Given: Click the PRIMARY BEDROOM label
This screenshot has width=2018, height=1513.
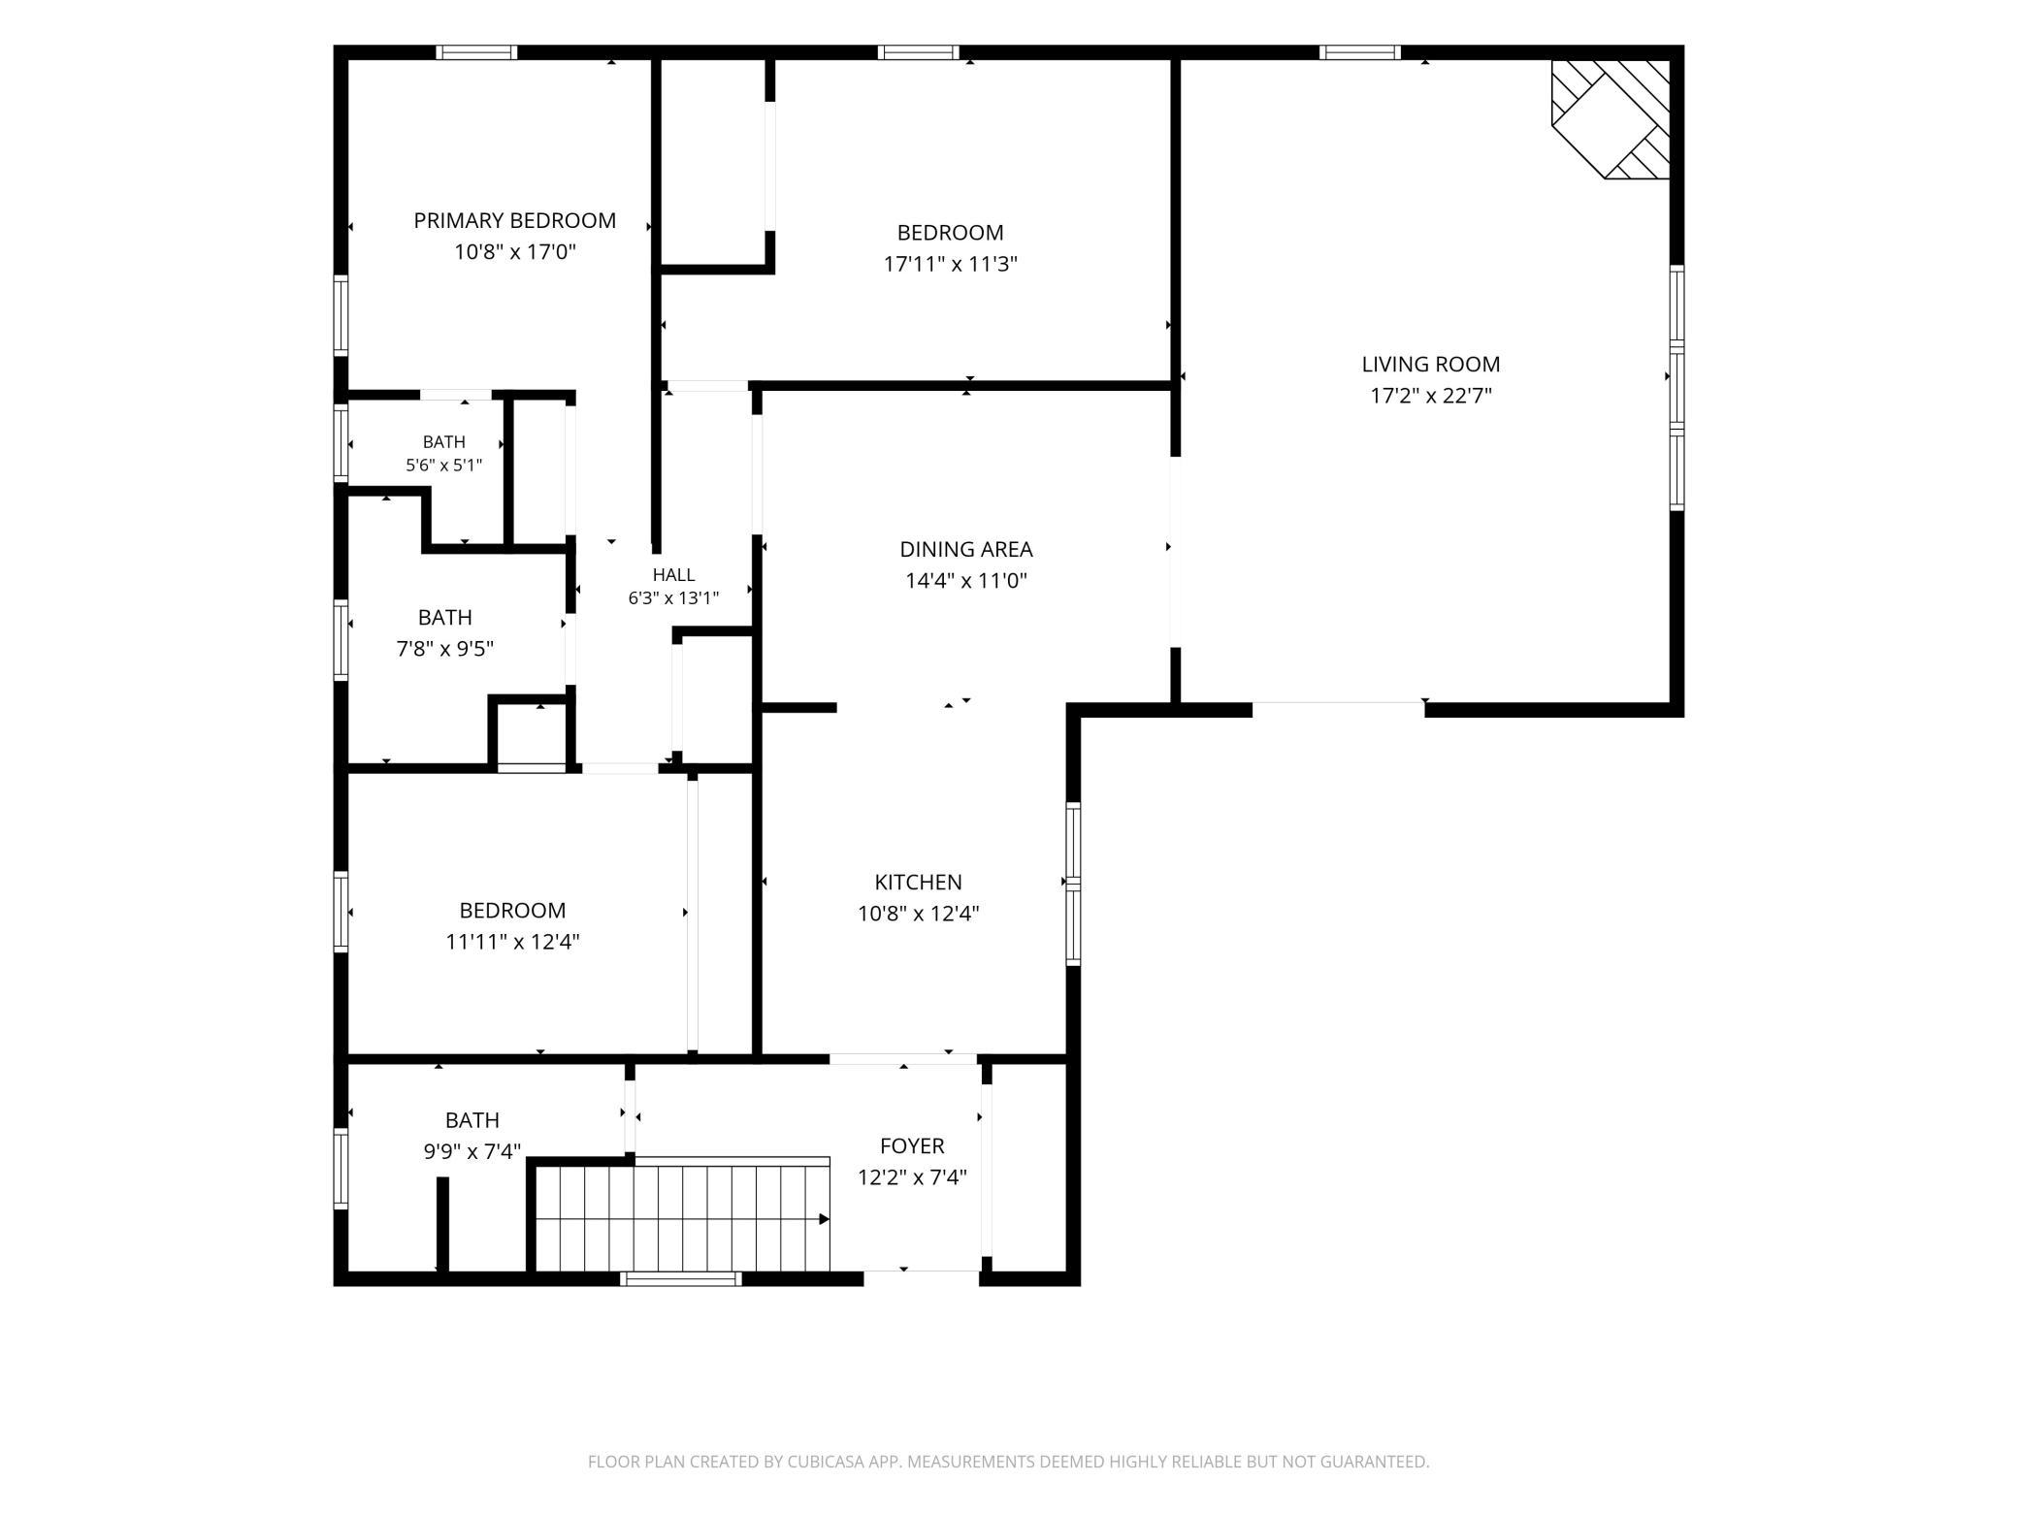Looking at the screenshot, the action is click(514, 220).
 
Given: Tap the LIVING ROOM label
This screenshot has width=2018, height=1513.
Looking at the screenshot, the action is click(1430, 364).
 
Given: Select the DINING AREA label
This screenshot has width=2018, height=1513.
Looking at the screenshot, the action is click(966, 549).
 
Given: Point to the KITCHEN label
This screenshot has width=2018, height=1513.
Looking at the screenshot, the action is click(918, 882).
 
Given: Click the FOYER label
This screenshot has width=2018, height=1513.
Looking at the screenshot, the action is click(912, 1145).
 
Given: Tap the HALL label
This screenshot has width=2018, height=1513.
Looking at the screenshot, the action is click(673, 574).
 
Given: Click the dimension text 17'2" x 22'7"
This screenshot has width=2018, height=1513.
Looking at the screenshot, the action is click(1430, 395).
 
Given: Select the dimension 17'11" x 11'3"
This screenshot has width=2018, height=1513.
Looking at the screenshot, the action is click(950, 264).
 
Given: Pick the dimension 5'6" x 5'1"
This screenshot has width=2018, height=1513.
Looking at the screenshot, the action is click(443, 465).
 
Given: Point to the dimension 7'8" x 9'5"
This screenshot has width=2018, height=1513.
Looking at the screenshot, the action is click(444, 648).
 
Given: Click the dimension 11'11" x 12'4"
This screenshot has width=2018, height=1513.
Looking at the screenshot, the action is click(512, 941).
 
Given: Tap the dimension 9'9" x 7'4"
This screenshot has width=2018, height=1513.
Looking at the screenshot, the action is click(472, 1151).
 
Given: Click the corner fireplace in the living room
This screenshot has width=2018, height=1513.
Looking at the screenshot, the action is click(1611, 120).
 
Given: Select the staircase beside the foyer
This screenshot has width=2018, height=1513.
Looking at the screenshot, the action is click(683, 1217).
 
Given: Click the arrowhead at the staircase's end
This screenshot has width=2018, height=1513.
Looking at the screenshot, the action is click(825, 1219).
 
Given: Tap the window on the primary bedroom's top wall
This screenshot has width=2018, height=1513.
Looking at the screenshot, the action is click(475, 52).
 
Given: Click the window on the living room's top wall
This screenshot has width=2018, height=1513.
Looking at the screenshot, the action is click(1359, 52).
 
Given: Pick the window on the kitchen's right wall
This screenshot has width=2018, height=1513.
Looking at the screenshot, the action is click(1073, 884).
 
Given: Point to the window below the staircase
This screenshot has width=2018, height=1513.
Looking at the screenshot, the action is click(681, 1279).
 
